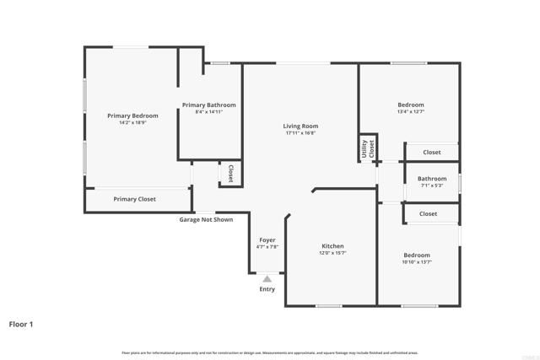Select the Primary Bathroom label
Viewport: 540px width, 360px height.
[209, 105]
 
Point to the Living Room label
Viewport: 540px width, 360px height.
[300, 126]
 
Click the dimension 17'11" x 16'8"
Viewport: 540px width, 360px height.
[300, 133]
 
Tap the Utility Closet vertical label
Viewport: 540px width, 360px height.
[368, 149]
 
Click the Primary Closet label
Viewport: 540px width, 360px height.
[135, 199]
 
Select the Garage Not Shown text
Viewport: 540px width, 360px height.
[205, 220]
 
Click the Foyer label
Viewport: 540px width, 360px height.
[267, 239]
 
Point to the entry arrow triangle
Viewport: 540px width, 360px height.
[267, 278]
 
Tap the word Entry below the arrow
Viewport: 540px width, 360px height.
[267, 289]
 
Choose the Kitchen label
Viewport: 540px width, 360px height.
[332, 246]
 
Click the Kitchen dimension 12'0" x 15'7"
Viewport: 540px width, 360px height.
[332, 253]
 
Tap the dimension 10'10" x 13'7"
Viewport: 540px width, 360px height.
[416, 262]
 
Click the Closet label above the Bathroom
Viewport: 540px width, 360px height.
[431, 153]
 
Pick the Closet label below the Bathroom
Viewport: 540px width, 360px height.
[428, 214]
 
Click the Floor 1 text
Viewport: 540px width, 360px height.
[22, 323]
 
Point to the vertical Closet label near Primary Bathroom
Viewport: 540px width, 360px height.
[230, 173]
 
